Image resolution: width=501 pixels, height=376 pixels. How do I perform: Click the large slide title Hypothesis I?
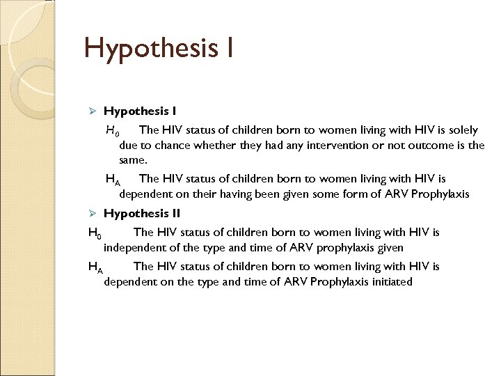pos(159,49)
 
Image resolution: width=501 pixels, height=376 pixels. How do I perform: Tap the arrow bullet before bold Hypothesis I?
pos(95,111)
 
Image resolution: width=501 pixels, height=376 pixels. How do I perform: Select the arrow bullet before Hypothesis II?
pos(95,214)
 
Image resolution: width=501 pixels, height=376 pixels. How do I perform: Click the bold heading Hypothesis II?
pos(142,214)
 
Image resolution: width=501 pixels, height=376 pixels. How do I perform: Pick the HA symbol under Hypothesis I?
pos(113,180)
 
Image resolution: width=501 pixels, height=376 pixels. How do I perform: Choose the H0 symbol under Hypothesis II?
pos(95,233)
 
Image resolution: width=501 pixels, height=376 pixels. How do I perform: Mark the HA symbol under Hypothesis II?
pos(95,267)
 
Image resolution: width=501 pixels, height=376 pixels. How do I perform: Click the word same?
pos(133,160)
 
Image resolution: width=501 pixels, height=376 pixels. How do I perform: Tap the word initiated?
pos(388,282)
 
